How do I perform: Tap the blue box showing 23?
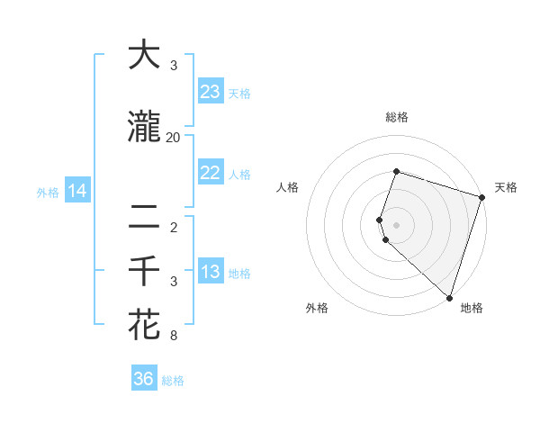click(211, 92)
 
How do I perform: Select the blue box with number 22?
click(211, 173)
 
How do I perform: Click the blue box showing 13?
click(211, 272)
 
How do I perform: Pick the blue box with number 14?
click(77, 191)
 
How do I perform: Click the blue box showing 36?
click(144, 379)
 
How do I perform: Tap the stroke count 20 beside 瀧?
click(173, 137)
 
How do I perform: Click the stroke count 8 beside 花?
click(173, 336)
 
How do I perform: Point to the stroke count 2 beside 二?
click(173, 227)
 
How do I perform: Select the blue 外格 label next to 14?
click(48, 192)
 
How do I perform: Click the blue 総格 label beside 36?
click(173, 381)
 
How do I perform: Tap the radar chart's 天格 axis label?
click(506, 187)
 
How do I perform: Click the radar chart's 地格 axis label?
click(472, 309)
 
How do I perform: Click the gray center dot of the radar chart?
click(396, 223)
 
